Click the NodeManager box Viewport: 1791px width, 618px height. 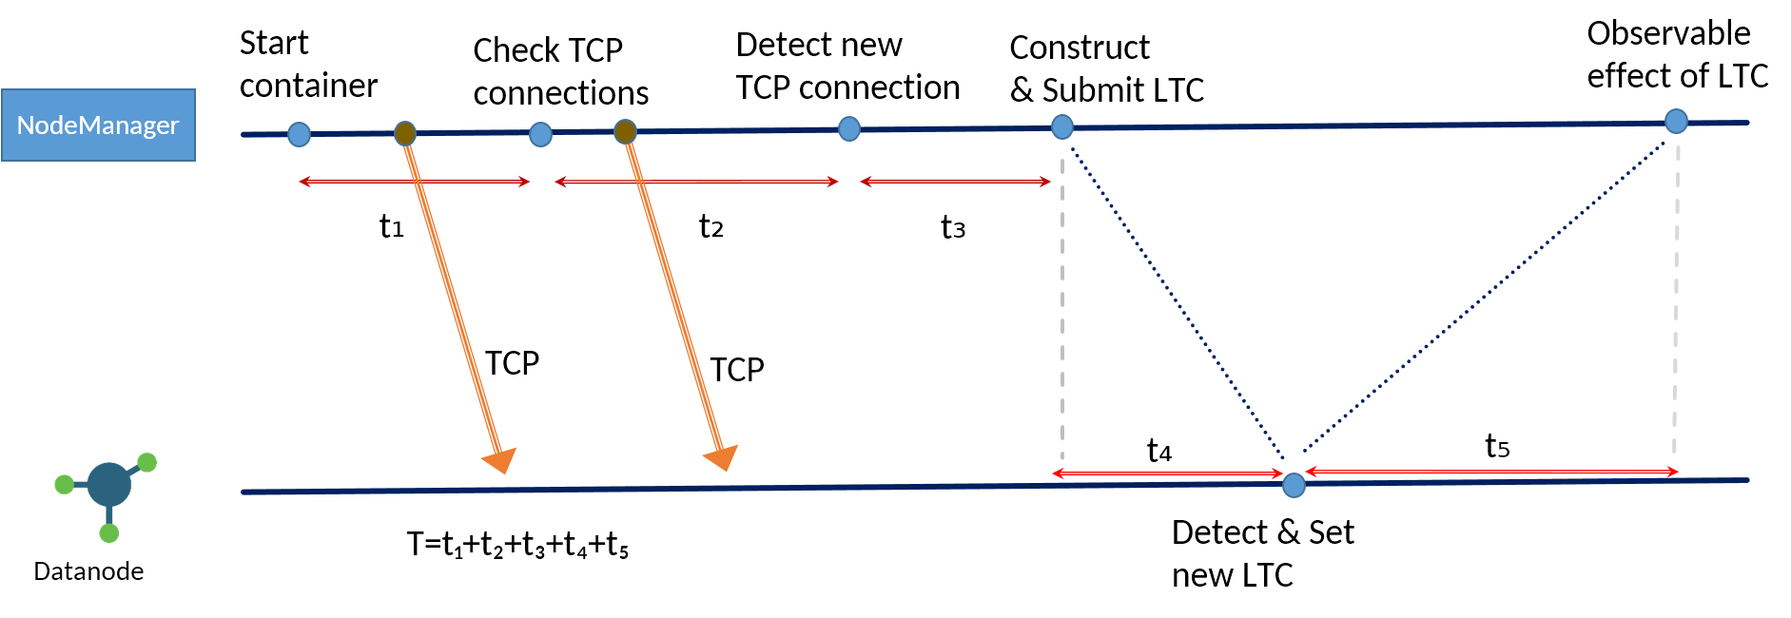coord(98,125)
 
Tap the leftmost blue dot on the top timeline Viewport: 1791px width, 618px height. coord(299,134)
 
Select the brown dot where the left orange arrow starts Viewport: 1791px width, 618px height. coord(405,133)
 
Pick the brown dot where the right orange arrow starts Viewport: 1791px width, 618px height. coord(625,131)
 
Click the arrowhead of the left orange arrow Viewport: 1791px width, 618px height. coord(500,460)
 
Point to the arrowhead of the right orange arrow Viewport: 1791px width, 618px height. coord(722,457)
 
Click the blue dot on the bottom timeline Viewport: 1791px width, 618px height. coord(1294,486)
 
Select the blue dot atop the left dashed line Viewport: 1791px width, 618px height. coord(1062,126)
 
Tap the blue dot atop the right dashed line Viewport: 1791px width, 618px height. coord(1676,121)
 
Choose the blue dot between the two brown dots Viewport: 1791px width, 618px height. coord(540,134)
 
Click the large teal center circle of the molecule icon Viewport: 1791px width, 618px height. coord(108,485)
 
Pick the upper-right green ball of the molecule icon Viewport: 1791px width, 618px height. coord(147,463)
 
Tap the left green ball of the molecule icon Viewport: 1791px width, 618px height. coord(64,485)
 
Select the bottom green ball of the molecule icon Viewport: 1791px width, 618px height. coord(109,533)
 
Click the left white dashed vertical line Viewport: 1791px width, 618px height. coord(1062,304)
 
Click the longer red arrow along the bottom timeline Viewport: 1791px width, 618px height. coord(1491,472)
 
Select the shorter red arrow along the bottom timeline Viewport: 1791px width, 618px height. coord(1168,473)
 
